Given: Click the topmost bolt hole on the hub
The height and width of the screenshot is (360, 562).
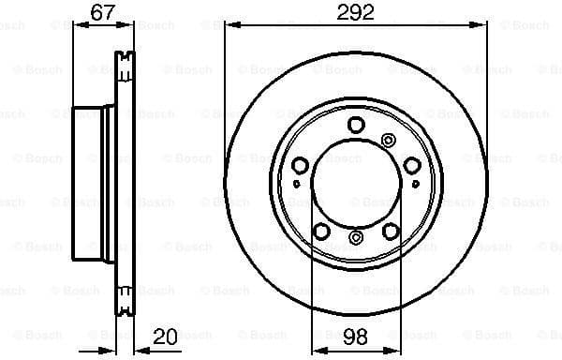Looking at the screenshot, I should coord(355,125).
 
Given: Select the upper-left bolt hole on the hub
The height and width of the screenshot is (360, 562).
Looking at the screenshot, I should coord(301,166).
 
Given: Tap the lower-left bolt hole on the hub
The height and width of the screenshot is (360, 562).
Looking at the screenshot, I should coord(321,231).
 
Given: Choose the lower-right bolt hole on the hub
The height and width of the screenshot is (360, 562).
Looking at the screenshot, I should coord(390,231).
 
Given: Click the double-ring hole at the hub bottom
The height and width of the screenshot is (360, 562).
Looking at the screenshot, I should coord(355,239).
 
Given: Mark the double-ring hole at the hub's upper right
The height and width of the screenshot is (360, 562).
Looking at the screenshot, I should coord(389,140).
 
